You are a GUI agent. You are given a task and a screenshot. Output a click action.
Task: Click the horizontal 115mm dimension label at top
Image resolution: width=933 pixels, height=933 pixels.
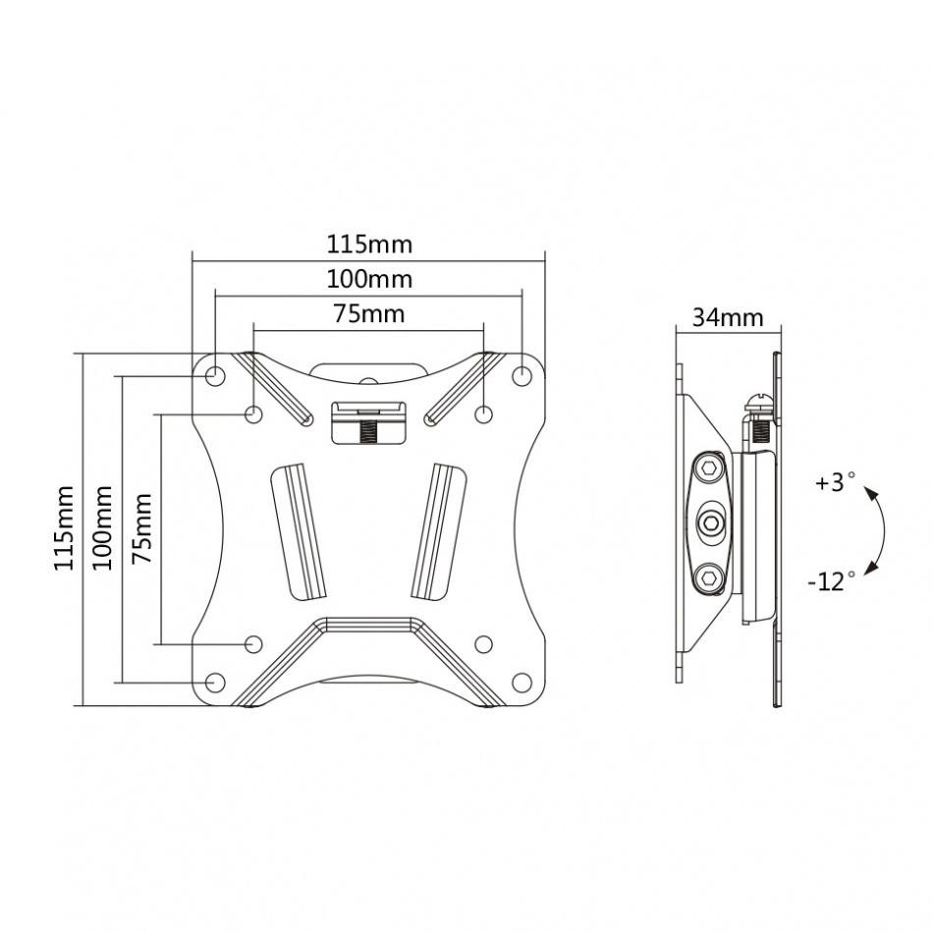(x=368, y=243)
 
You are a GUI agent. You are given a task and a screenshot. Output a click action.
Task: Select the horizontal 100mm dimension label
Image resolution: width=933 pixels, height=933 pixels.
(x=368, y=279)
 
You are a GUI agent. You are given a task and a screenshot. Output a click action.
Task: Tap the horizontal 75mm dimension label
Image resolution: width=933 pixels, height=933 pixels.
(x=368, y=313)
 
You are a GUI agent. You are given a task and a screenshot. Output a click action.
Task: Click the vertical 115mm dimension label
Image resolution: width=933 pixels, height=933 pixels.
(x=64, y=528)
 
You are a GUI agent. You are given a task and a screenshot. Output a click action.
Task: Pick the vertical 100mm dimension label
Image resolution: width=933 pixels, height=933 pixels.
(x=102, y=528)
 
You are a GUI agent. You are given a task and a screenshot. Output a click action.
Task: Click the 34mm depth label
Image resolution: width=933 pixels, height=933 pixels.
(x=728, y=317)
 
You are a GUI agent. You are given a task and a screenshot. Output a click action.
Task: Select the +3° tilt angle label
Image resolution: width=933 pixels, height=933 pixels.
(x=834, y=483)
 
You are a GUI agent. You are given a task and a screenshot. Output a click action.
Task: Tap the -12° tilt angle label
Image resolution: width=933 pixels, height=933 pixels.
(x=832, y=581)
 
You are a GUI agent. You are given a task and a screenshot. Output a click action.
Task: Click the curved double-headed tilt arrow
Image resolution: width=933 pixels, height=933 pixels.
(x=881, y=531)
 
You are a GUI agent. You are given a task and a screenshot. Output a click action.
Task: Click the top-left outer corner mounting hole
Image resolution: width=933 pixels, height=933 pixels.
(x=214, y=375)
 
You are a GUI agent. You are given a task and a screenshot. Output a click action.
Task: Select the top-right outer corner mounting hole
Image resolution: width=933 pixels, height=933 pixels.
(x=522, y=375)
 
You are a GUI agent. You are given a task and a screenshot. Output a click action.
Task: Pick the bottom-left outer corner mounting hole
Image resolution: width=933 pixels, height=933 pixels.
(x=214, y=680)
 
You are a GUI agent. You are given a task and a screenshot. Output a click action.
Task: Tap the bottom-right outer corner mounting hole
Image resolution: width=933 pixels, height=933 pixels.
(x=522, y=680)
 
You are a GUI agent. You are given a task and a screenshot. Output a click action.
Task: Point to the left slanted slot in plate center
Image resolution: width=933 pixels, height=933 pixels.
(x=299, y=531)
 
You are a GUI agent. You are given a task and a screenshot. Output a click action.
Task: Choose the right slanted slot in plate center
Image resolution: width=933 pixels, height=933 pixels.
(x=438, y=531)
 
